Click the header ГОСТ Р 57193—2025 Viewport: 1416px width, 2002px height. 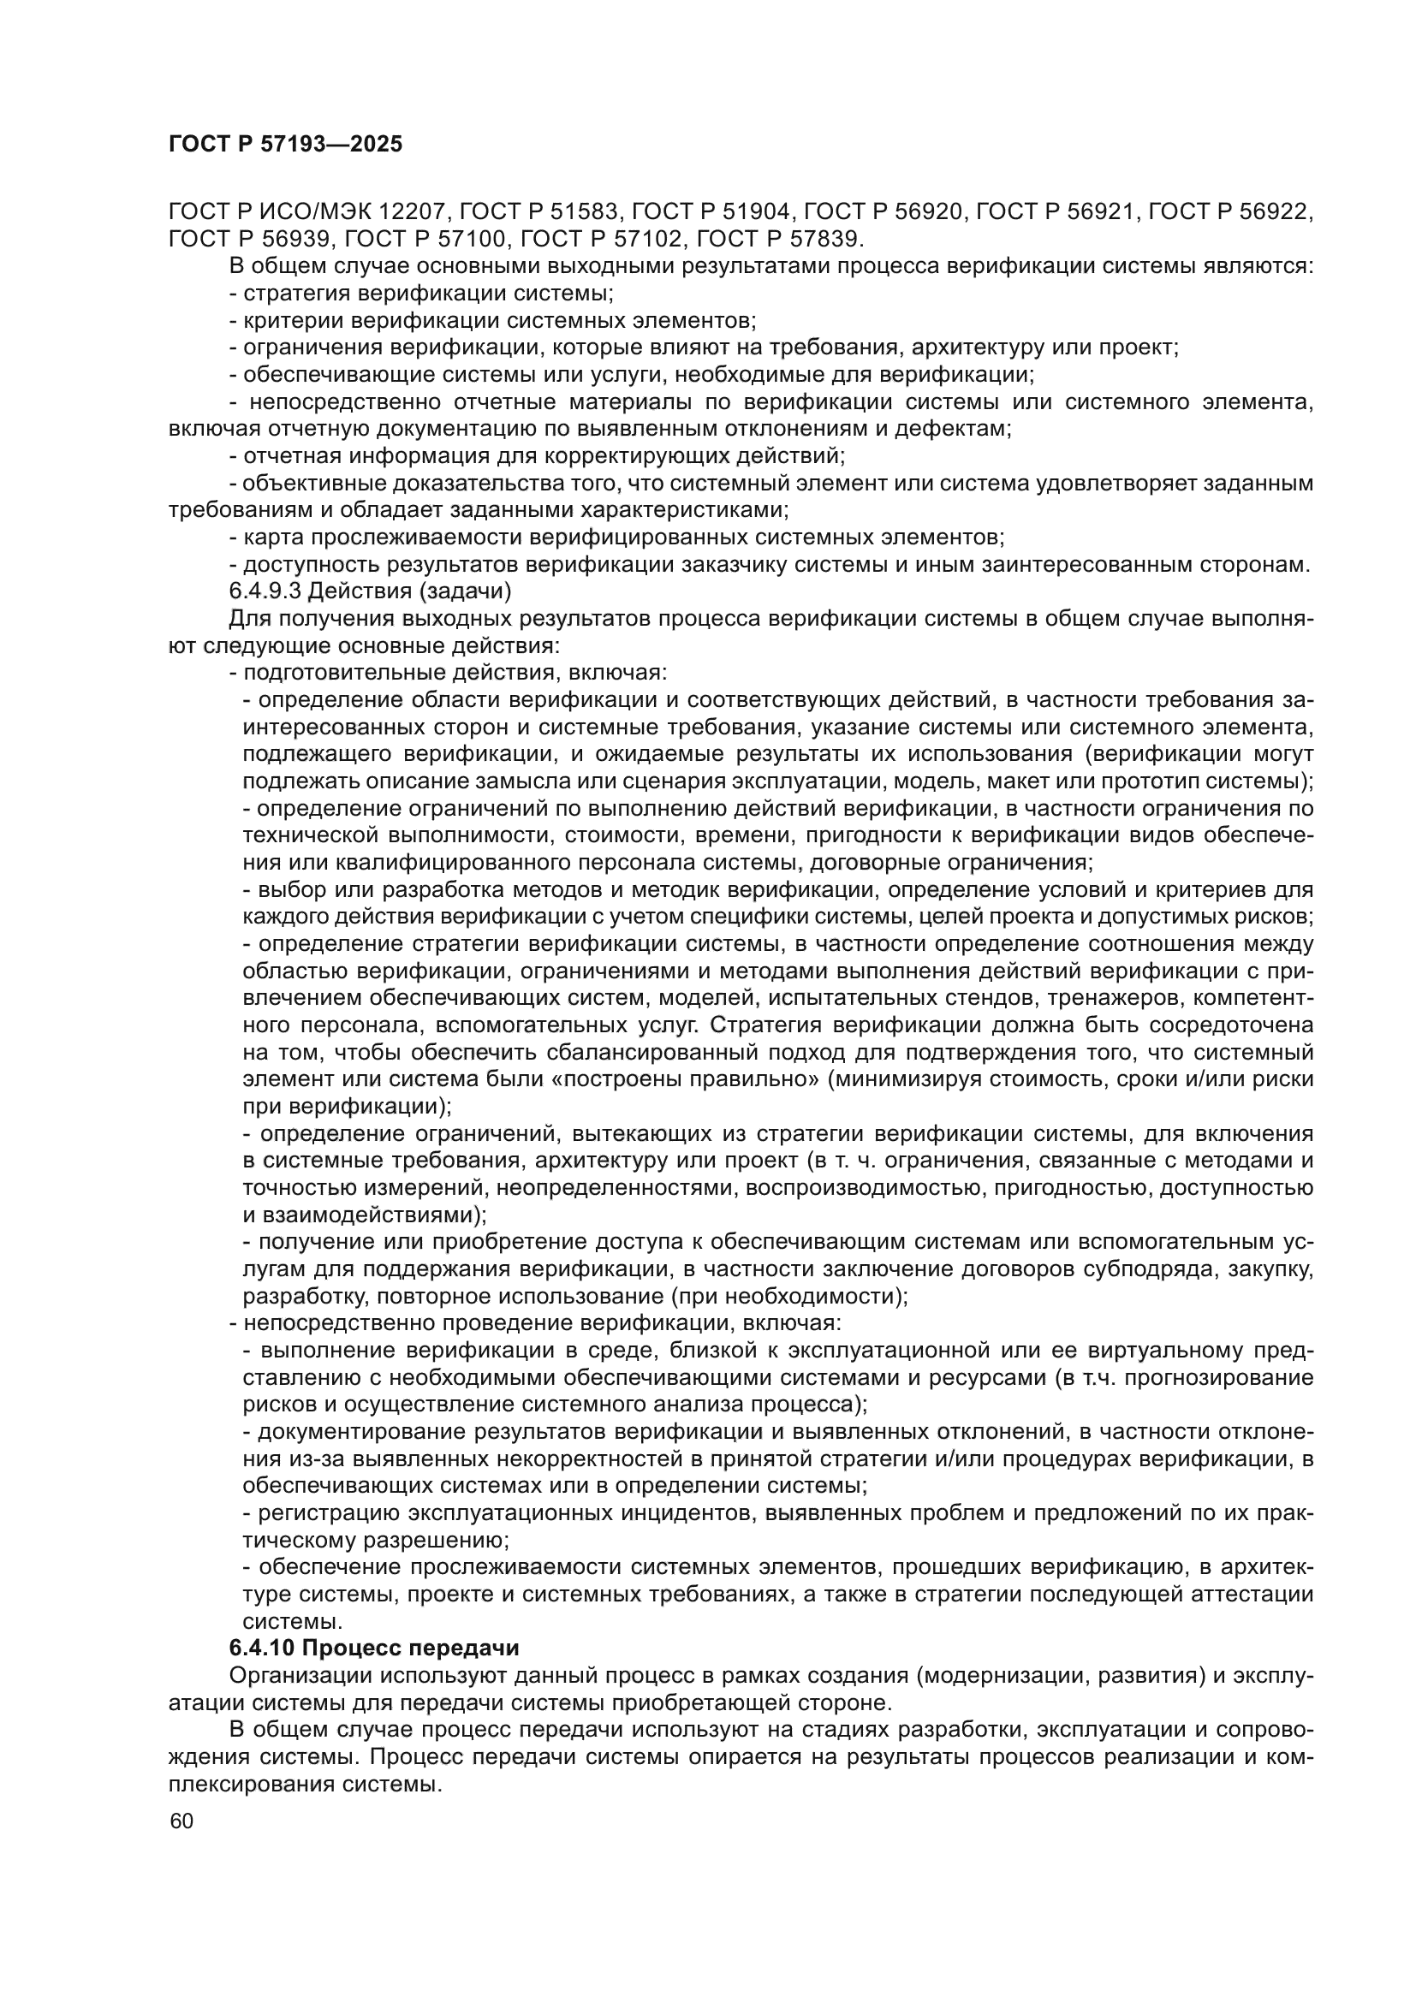click(285, 145)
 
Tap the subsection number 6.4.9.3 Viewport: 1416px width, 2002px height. click(265, 591)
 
